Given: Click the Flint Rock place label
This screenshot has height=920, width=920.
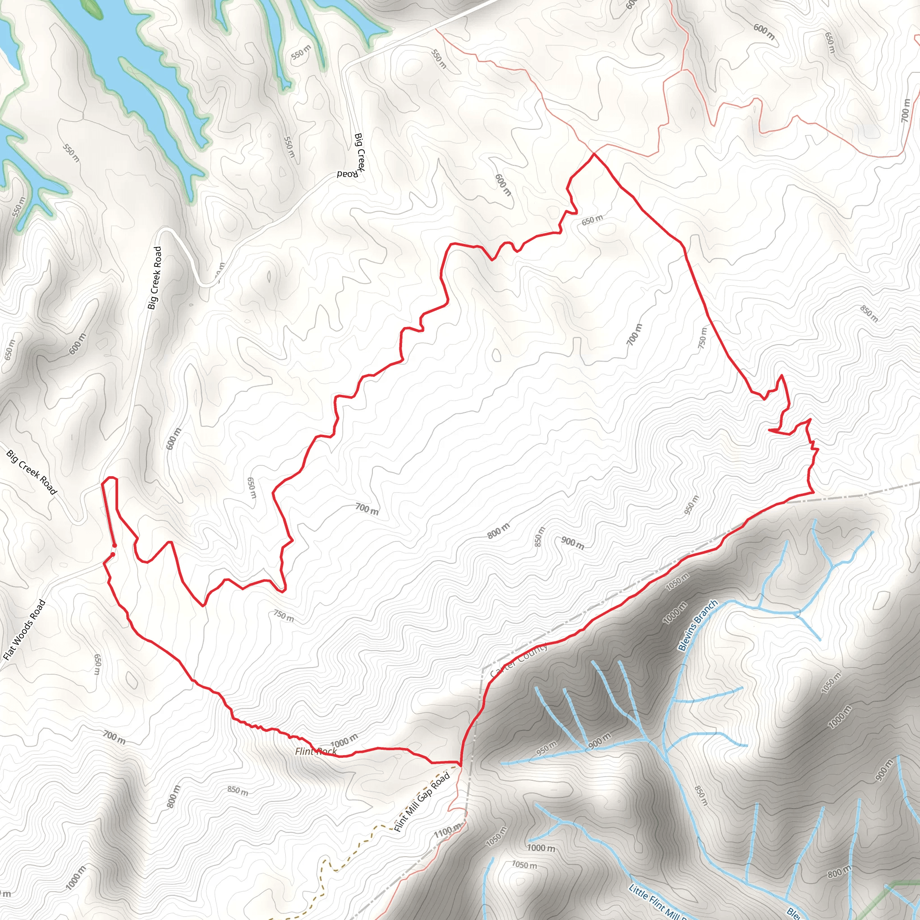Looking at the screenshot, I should [x=316, y=752].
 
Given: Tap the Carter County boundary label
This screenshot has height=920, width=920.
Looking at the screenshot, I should [x=519, y=660].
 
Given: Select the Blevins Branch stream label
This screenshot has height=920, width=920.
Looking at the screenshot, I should [x=698, y=625].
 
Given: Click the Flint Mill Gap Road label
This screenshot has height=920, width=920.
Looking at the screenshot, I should [x=422, y=802].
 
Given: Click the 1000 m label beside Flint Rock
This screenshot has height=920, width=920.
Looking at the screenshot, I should [x=344, y=741].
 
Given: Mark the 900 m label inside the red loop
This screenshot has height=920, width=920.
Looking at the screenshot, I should [x=572, y=543].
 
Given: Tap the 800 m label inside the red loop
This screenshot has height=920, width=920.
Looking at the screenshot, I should [x=498, y=531].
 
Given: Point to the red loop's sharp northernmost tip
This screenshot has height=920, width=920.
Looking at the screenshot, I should [x=594, y=154].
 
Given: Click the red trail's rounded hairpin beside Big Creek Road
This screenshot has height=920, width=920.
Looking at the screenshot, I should [x=110, y=478].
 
